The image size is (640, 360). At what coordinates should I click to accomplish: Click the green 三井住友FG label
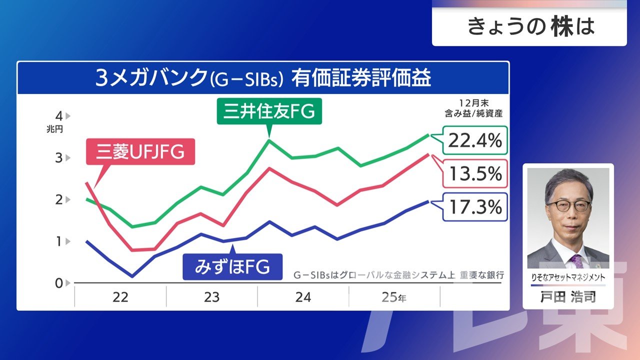tap(269, 111)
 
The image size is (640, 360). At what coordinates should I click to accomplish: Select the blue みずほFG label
tap(232, 267)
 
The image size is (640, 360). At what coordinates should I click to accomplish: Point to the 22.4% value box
tap(474, 140)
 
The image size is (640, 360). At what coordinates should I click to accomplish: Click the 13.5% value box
tap(474, 173)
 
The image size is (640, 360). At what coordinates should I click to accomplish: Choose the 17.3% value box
tap(474, 207)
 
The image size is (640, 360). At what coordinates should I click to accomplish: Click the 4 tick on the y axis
tap(59, 116)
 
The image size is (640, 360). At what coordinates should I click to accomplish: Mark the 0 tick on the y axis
tap(59, 283)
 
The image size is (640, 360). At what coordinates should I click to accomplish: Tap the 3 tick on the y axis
tap(59, 158)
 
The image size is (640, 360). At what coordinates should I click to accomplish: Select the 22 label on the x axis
tap(120, 297)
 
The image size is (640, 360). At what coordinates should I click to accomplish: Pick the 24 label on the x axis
tap(303, 297)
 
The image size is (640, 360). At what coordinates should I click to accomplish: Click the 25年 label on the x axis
tap(394, 297)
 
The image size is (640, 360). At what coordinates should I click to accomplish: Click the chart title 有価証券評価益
tap(362, 79)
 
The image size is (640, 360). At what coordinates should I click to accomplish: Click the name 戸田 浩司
tap(568, 297)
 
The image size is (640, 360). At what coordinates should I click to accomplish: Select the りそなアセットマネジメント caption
tap(568, 277)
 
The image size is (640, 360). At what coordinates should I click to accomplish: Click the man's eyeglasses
tap(568, 205)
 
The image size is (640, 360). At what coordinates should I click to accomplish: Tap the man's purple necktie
tap(577, 260)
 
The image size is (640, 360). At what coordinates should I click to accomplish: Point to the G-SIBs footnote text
tap(398, 275)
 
